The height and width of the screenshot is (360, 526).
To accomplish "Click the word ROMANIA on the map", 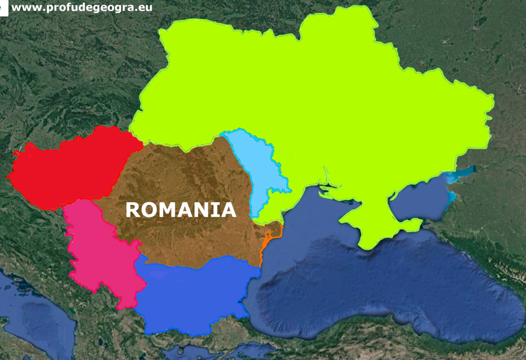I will click(x=181, y=210).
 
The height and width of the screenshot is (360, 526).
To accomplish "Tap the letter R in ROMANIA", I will click(x=133, y=210).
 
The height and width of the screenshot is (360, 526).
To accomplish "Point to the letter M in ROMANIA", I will click(x=169, y=210).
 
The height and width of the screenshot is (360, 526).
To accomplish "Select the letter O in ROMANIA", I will click(x=150, y=210).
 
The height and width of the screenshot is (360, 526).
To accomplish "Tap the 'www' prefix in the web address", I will click(x=23, y=7).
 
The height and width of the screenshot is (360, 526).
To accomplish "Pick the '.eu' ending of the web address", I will click(x=144, y=7).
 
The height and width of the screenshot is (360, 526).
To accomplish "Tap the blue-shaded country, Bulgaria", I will click(x=194, y=295).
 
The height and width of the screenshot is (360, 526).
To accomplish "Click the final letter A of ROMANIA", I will click(x=229, y=210).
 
